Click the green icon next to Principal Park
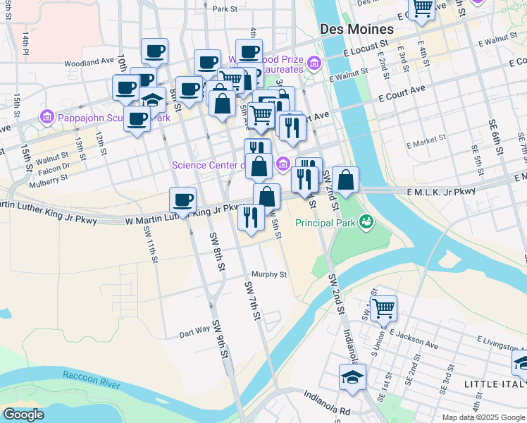(x=366, y=222)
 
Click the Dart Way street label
(x=194, y=329)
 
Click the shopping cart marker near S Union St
(x=383, y=307)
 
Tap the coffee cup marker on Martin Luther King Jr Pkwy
(x=183, y=200)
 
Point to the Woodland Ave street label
(x=89, y=62)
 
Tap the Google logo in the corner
(x=23, y=415)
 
